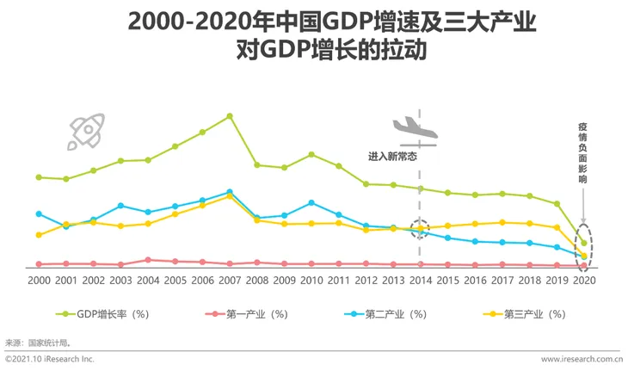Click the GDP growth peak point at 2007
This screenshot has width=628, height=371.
click(x=231, y=115)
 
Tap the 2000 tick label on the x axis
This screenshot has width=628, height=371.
click(x=39, y=281)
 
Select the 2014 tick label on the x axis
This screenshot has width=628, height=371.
click(x=421, y=281)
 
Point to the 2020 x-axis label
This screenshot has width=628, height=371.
click(x=585, y=281)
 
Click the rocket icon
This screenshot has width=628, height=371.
click(x=86, y=130)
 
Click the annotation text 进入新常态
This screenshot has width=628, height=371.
click(x=392, y=157)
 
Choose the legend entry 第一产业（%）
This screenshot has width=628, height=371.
click(x=249, y=314)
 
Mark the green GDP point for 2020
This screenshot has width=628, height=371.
click(x=585, y=243)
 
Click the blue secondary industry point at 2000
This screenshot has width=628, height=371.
click(x=39, y=213)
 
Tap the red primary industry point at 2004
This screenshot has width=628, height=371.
click(x=148, y=259)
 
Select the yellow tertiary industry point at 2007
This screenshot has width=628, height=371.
click(x=231, y=196)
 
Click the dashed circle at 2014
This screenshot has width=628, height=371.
click(x=421, y=228)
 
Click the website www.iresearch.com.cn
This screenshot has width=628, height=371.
click(x=582, y=359)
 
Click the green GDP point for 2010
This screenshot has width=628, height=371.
click(x=311, y=154)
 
